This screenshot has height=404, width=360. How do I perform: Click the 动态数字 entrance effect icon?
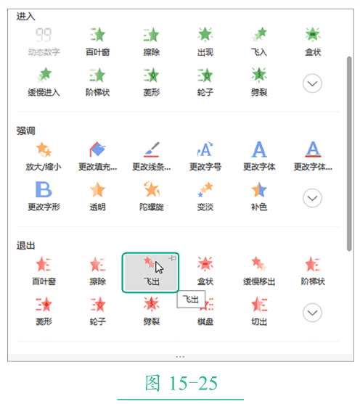click(44, 35)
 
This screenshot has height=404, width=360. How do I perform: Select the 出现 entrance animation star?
click(205, 35)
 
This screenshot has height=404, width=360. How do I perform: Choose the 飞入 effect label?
click(259, 52)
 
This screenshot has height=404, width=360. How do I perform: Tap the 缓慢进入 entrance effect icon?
click(44, 75)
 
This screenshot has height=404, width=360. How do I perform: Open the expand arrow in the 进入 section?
click(312, 83)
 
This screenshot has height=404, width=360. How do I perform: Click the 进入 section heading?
click(26, 17)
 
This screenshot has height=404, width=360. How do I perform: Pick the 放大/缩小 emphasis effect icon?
click(44, 149)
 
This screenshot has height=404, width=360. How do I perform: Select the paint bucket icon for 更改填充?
click(97, 149)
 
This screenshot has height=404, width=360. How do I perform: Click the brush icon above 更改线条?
click(152, 149)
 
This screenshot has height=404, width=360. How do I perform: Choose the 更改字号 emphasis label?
click(205, 167)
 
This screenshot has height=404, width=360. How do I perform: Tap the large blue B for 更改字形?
click(44, 189)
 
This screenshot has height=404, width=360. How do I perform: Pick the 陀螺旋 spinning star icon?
click(152, 189)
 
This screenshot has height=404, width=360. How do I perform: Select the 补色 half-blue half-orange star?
click(259, 189)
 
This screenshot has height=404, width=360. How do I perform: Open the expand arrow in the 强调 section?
click(312, 198)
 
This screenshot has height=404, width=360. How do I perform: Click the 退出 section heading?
click(26, 246)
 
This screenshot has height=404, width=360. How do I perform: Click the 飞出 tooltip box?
click(191, 299)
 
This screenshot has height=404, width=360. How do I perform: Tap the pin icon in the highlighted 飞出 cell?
click(173, 258)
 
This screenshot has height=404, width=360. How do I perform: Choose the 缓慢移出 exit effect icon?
click(259, 264)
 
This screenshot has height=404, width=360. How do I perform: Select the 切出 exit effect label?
click(259, 321)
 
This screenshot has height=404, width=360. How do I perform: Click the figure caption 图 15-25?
click(181, 384)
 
